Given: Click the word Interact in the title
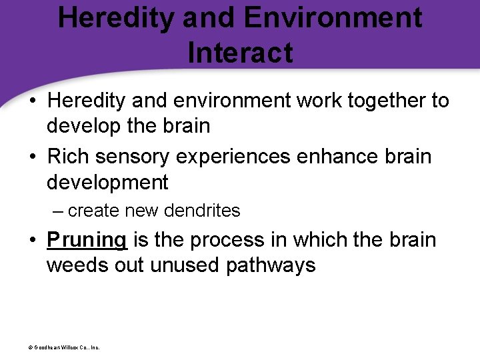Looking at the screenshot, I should (240, 53).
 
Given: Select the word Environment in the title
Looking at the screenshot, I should (333, 17).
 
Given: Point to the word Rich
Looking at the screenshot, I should (69, 157).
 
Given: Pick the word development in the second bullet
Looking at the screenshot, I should (107, 182).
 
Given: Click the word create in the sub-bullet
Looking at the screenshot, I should (93, 211).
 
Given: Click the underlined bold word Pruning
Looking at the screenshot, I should (87, 240).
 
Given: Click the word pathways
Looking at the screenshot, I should (271, 265).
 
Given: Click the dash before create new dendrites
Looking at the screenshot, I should (57, 211).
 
